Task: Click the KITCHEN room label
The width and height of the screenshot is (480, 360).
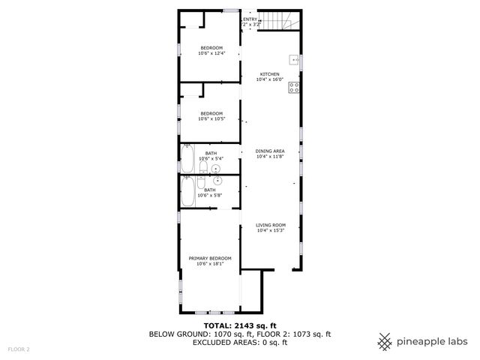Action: (270, 73)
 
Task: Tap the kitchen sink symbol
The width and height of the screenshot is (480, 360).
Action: (294, 58)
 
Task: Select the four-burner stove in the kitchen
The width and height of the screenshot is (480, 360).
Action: (294, 88)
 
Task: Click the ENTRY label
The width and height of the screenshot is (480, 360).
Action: (250, 19)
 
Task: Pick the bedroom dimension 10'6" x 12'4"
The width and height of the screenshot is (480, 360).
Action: (211, 53)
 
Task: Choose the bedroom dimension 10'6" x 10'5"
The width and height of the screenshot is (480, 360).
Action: (211, 118)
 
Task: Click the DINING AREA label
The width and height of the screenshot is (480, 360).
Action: (270, 151)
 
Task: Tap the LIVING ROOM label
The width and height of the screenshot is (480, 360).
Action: (270, 225)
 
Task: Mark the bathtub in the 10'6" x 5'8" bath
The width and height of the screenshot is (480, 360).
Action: (187, 193)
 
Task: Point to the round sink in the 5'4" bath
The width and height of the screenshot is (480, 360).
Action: (218, 181)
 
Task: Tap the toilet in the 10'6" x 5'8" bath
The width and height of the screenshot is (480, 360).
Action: (202, 184)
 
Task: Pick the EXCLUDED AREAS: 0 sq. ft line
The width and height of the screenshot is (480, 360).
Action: (239, 342)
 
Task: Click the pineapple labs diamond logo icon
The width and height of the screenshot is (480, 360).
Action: (385, 341)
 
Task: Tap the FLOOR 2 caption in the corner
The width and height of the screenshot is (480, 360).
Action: (19, 349)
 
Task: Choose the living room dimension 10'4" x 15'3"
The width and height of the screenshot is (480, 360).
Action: (270, 230)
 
